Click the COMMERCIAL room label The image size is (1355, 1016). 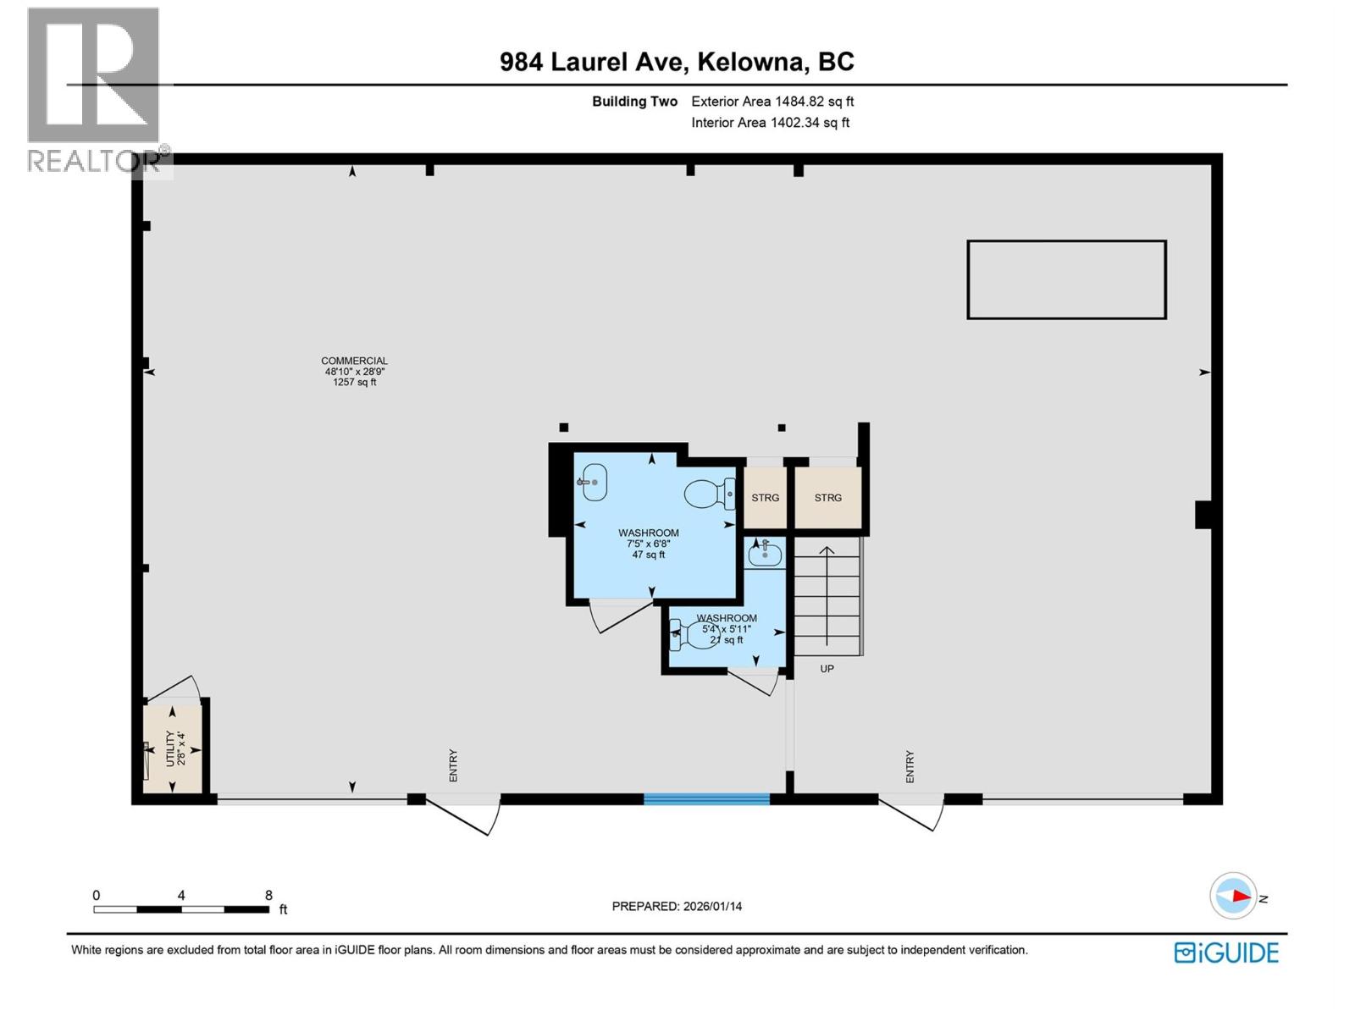354,362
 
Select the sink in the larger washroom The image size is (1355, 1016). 594,482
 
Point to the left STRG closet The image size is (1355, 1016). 765,498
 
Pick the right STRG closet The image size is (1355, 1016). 827,498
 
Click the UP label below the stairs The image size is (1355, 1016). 827,669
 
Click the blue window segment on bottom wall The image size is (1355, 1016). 706,798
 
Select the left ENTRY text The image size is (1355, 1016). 453,765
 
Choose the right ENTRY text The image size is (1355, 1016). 910,766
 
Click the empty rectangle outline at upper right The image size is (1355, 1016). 1066,280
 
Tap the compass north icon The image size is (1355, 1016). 1233,896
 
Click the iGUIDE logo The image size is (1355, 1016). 1225,952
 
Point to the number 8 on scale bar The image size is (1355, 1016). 268,895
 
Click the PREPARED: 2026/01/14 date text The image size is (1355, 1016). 677,906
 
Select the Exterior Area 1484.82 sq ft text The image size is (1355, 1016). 772,102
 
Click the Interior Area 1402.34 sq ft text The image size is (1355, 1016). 770,123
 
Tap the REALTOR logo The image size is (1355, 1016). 94,89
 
